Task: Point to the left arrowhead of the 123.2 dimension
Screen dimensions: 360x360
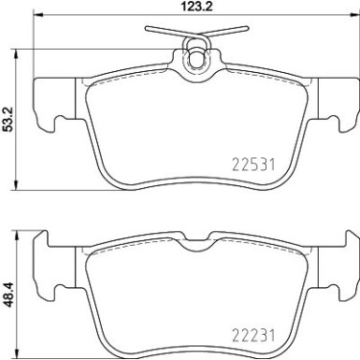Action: [x=37, y=18]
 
